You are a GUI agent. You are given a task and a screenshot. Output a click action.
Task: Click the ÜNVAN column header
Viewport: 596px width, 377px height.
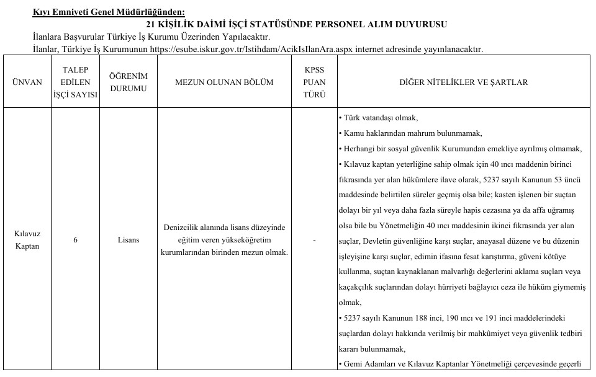tap(27, 82)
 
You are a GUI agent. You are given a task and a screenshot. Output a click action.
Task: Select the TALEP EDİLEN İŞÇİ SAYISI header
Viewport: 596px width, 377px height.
tap(75, 82)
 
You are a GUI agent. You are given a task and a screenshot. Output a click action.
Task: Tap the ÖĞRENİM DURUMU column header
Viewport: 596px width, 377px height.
tap(129, 82)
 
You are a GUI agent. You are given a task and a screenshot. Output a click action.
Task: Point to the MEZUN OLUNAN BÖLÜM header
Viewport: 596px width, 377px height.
tap(224, 82)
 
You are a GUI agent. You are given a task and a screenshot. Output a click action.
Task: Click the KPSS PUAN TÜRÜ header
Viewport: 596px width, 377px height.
tap(314, 82)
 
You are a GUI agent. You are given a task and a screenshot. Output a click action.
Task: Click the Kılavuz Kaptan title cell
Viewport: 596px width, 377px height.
tap(27, 239)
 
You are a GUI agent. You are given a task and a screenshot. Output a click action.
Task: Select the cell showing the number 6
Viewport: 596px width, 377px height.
tap(75, 239)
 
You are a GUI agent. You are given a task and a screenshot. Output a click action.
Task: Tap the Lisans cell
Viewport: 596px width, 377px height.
tap(129, 239)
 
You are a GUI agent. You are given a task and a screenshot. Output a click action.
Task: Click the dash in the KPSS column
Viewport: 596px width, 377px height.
tap(314, 240)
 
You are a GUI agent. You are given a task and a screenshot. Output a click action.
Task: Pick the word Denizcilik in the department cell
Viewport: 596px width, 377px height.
tap(183, 227)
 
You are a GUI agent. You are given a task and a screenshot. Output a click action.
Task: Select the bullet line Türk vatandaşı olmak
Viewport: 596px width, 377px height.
tap(379, 118)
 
